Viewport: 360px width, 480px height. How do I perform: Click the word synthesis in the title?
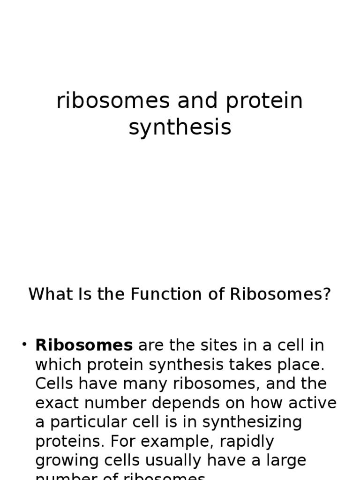tap(180, 127)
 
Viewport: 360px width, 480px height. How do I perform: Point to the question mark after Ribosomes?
tap(326, 294)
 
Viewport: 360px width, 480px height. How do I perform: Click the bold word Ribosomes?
tap(84, 345)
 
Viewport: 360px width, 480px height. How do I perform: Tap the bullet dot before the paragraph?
tap(24, 345)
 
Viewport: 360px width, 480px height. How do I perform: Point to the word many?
tap(146, 384)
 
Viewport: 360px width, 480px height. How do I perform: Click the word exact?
tap(57, 403)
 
